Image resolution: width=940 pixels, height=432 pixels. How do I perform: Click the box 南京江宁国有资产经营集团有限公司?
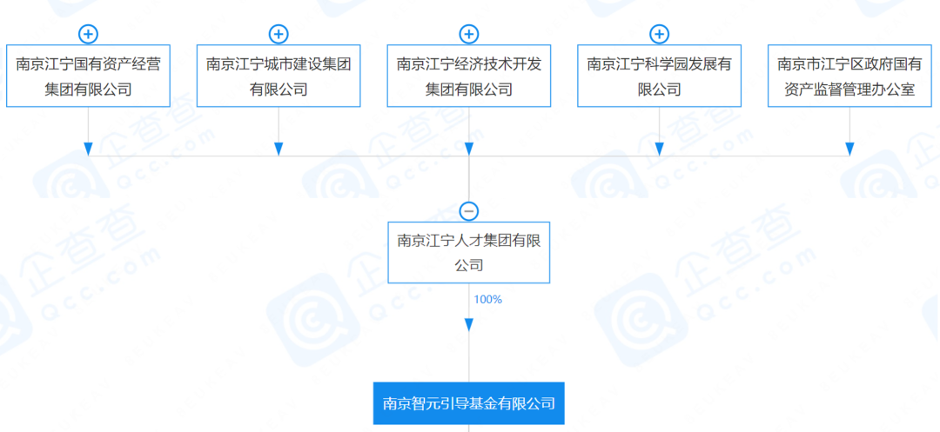coord(88,76)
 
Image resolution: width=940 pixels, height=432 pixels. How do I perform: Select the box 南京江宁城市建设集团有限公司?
coord(279,76)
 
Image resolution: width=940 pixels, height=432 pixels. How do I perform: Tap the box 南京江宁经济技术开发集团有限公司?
coord(469,76)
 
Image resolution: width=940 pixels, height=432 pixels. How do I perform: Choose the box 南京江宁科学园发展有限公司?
coord(659,76)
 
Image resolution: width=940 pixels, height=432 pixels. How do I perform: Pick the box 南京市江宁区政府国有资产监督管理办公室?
coord(849,76)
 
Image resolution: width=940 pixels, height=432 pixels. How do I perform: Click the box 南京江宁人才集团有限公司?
coord(469,252)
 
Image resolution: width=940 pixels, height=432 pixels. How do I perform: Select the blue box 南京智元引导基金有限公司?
coord(469,403)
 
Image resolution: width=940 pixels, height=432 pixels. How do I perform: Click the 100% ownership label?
coord(487,300)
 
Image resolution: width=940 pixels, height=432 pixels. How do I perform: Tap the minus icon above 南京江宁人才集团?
coord(469,211)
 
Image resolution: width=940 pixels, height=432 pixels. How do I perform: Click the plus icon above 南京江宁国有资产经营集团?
coord(88,35)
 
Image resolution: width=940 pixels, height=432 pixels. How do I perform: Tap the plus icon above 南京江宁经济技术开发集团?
coord(469,35)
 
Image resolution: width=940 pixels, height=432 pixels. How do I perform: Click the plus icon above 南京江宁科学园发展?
coord(659,35)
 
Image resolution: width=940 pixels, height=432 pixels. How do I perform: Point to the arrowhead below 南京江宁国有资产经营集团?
coord(88,149)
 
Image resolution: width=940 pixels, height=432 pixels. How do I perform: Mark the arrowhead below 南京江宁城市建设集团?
coord(279,149)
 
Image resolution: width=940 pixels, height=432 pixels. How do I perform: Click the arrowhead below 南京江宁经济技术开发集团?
coord(469,149)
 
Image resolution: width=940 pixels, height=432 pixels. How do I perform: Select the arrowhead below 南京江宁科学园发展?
coord(659,149)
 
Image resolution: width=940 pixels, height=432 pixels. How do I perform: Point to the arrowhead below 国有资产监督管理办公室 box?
coord(849,149)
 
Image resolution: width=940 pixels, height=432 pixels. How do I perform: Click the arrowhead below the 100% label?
coord(469,324)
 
